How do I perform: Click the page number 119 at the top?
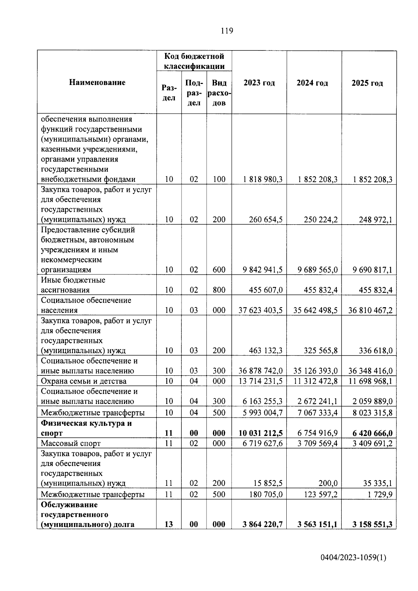point(227,31)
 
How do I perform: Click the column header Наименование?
point(97,83)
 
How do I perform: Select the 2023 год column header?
point(259,83)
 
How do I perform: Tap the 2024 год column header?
point(312,83)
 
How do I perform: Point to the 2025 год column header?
point(367,83)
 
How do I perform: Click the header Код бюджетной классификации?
point(194,61)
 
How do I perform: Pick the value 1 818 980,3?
point(263,179)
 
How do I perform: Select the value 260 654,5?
point(266,219)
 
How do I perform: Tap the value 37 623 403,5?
point(260,310)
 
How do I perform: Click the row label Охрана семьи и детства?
point(84,381)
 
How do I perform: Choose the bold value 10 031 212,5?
point(260,433)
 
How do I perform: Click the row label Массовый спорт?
point(71,443)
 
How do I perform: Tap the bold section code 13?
point(169,524)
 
